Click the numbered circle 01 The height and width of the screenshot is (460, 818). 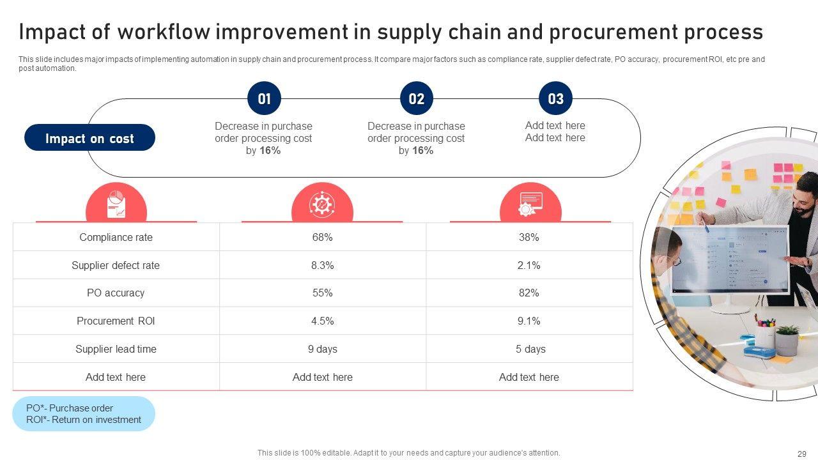264,99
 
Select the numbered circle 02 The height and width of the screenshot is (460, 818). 416,99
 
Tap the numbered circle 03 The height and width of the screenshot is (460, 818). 555,99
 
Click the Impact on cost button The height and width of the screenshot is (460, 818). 89,138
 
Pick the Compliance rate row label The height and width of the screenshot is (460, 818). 116,237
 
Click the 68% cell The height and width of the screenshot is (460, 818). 322,237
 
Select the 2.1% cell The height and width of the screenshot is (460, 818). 529,265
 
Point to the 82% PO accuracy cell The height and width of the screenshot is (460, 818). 529,293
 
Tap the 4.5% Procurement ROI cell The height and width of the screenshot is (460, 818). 322,321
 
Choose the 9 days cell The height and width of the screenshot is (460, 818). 322,349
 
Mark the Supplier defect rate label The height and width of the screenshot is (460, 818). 116,265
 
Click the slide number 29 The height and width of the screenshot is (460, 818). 802,454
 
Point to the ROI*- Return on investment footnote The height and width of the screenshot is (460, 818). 84,420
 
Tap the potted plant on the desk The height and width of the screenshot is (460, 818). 787,339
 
